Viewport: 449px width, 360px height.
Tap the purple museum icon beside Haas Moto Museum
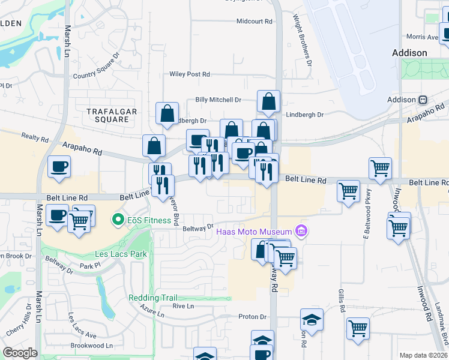301,231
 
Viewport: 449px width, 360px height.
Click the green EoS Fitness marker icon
118,220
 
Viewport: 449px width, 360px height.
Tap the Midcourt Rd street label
255,21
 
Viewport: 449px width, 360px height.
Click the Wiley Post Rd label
190,74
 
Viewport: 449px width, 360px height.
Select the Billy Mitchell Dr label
218,100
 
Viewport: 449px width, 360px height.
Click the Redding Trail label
149,298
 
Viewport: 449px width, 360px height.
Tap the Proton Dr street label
252,317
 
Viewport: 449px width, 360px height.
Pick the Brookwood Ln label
92,346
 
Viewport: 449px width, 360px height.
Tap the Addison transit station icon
423,100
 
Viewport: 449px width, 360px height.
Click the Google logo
20,353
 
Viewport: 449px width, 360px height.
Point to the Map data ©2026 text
423,355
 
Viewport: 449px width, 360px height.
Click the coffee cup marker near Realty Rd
59,166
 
